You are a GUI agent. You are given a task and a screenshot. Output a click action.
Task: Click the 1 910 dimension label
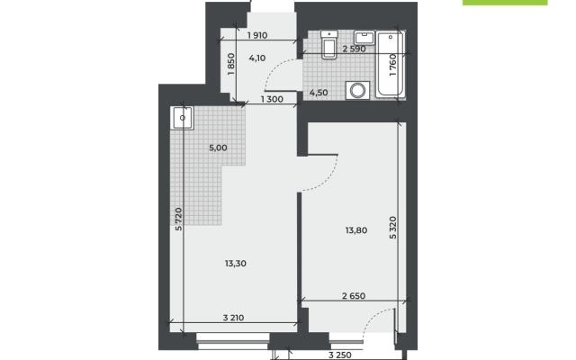point(257,36)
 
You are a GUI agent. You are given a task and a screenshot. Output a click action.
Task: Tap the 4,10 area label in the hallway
point(257,58)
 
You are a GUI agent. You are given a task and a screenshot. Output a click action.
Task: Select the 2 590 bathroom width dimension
point(354,49)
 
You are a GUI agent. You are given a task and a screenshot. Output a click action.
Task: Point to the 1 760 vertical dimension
point(393,65)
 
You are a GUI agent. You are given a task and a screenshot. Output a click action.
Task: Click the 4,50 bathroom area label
point(319,93)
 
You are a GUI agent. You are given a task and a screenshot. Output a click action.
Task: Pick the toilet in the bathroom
point(328,44)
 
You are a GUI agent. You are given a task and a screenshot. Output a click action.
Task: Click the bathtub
point(391,65)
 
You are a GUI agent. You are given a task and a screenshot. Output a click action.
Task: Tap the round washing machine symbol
point(357,90)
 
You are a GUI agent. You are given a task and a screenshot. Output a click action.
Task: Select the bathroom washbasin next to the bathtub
point(364,38)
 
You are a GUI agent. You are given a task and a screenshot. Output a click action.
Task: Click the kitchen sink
point(182,118)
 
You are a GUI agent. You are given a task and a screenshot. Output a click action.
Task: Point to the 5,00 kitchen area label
point(218,148)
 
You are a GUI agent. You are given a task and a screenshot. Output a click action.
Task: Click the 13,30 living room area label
point(236,264)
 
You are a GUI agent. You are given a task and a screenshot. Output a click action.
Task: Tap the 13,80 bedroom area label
point(356,230)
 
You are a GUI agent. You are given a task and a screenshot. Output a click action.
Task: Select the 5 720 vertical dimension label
point(178,220)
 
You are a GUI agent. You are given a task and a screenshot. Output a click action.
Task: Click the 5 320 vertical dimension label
point(393,228)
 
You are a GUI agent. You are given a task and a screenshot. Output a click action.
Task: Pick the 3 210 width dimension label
point(234,318)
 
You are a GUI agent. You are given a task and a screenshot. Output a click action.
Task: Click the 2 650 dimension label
point(354,296)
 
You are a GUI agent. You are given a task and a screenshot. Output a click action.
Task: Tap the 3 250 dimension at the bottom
point(340,355)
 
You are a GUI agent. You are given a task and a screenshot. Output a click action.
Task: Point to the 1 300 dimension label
point(272,99)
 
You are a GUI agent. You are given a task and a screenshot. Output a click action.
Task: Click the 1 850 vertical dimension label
point(231,64)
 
